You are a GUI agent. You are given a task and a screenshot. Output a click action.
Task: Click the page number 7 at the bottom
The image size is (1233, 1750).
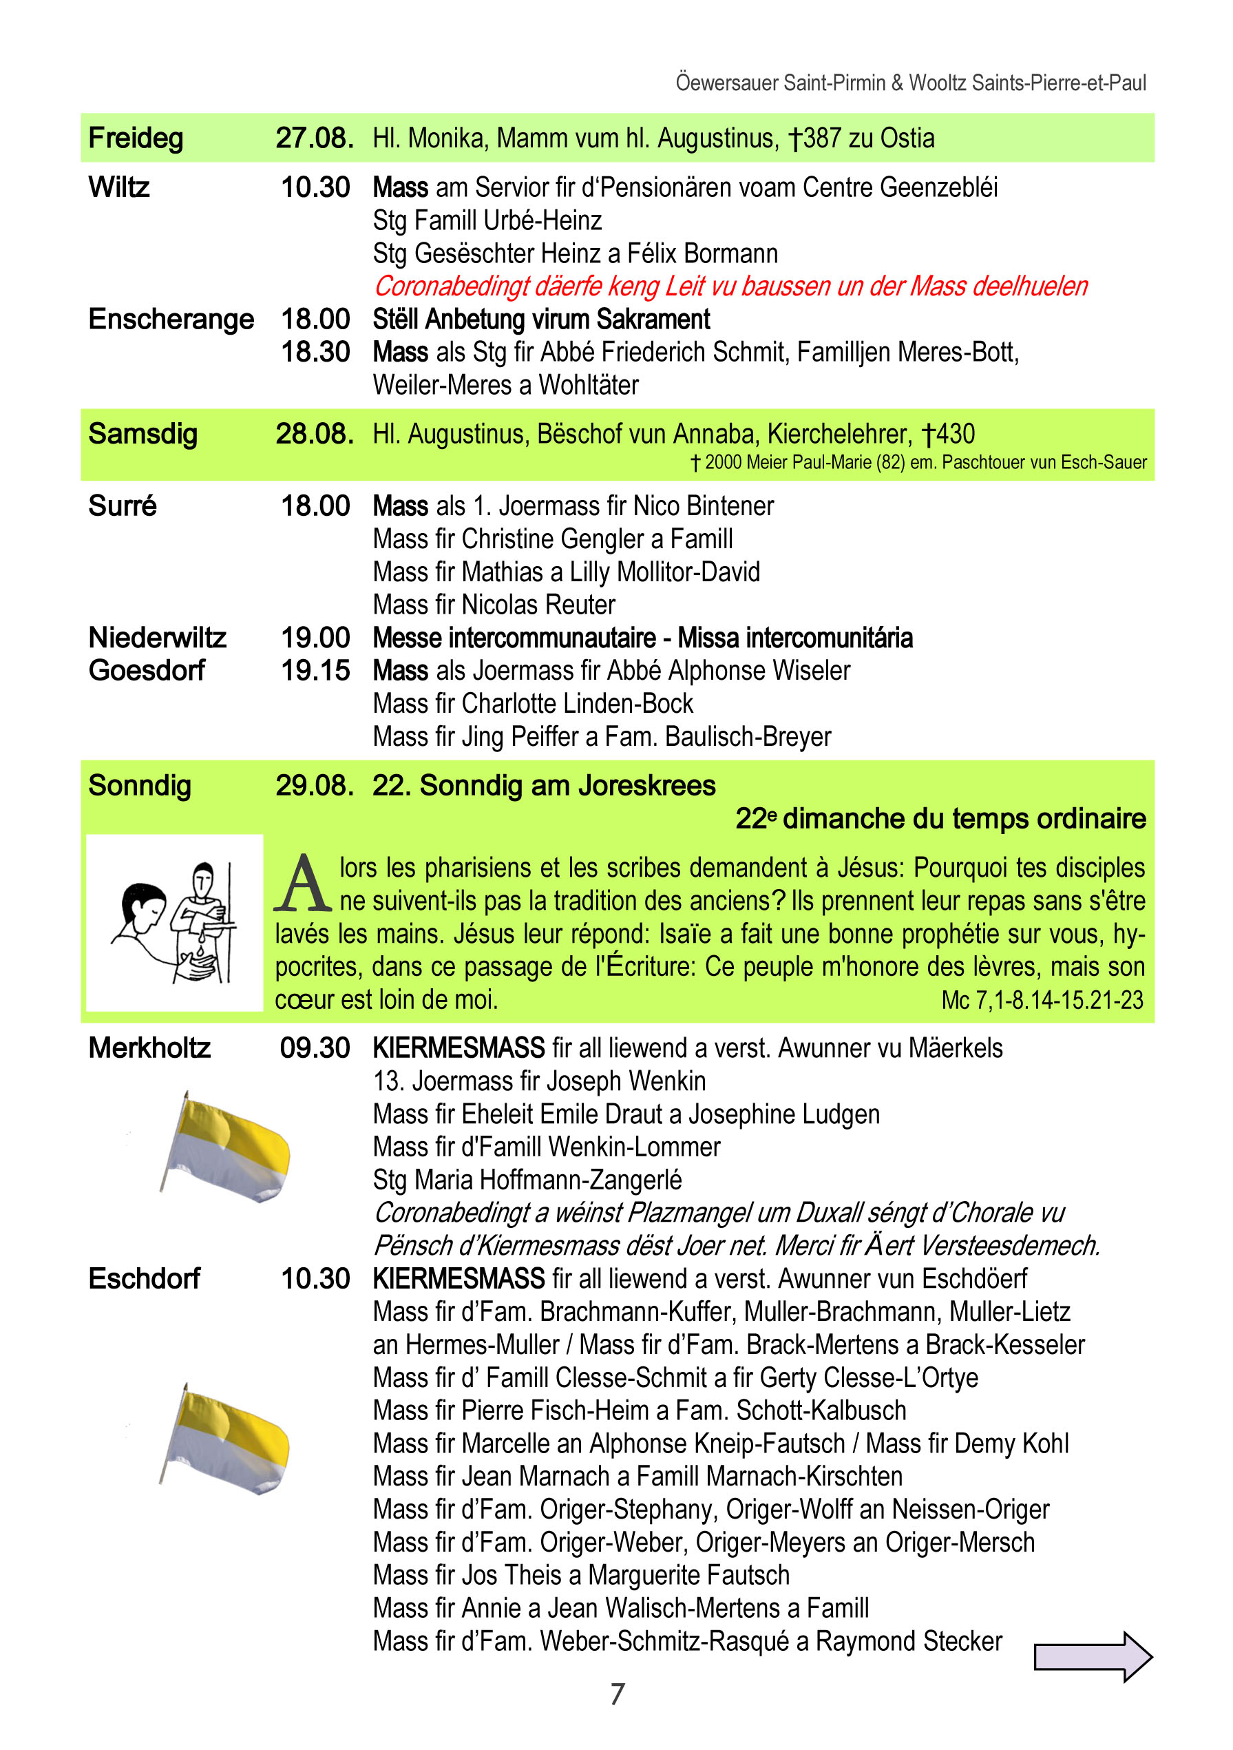coord(618,1694)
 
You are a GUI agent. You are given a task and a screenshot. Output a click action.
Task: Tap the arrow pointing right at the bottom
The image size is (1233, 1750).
coord(1092,1656)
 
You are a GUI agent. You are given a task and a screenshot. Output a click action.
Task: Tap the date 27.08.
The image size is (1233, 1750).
coord(314,138)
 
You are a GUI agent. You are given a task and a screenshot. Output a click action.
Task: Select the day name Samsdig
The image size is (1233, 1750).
coord(143,434)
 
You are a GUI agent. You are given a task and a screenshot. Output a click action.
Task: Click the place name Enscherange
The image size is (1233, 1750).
coord(171,319)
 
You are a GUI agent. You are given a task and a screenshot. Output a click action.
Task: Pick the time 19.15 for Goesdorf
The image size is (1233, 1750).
coord(315,671)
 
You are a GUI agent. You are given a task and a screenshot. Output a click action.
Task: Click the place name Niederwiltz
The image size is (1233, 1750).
coord(157,637)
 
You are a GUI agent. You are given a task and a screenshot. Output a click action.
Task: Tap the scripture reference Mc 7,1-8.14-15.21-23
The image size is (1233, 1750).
coord(1042,1000)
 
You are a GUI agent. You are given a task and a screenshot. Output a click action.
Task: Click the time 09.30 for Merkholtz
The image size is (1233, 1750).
coord(315,1048)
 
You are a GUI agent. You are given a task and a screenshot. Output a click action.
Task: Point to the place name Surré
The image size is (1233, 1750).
coord(122,506)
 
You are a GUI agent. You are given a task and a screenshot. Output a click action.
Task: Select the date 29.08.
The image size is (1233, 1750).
coord(314,786)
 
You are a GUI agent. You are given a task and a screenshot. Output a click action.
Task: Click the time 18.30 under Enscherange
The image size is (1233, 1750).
coord(315,352)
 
